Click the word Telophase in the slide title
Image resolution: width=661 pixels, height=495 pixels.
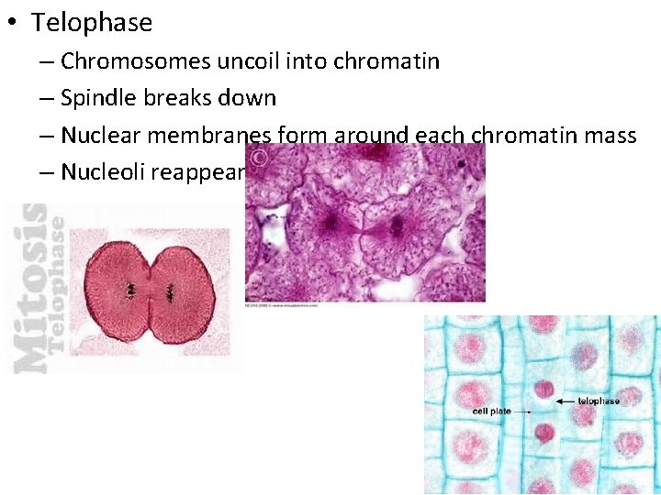(92, 22)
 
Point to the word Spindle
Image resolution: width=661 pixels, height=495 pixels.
(101, 98)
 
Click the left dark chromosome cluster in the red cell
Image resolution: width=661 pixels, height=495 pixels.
(132, 291)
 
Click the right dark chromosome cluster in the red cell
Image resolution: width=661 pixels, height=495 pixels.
(170, 293)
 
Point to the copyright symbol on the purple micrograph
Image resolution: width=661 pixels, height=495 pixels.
(260, 159)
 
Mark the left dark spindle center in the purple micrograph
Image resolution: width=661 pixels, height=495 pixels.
(329, 222)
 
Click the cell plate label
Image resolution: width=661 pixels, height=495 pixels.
(491, 412)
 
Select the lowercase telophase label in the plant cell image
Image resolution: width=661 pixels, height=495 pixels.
(599, 401)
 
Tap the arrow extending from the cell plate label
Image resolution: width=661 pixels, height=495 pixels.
(522, 412)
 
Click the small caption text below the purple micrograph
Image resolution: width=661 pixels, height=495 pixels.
(282, 306)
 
